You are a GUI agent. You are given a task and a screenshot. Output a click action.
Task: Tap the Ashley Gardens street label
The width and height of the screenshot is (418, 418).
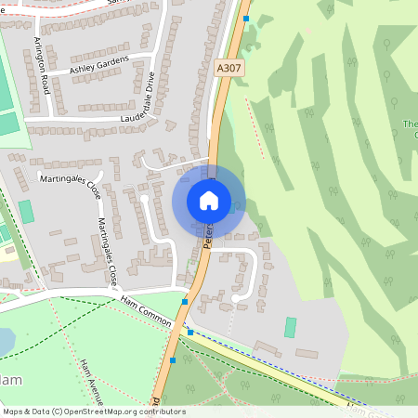coord(98,66)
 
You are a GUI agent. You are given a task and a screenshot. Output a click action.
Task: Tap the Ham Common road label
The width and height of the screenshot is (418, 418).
coord(146,310)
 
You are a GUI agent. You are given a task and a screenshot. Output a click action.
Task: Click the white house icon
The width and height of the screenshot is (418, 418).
coord(209,200)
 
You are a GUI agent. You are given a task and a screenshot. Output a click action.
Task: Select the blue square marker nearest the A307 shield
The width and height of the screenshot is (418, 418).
coord(246,18)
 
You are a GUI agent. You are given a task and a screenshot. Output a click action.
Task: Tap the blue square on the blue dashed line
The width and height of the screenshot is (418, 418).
coord(190,332)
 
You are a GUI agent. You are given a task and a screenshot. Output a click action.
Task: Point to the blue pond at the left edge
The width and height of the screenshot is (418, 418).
coord(5,342)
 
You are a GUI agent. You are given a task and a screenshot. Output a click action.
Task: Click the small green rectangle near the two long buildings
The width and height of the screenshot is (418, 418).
coord(290,327)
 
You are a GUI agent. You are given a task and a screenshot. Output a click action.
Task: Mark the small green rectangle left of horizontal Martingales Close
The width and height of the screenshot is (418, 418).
coord(26,211)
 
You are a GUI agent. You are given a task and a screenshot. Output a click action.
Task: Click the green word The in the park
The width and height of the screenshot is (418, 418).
coord(411,124)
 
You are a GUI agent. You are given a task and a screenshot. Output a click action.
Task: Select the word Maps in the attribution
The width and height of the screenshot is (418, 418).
coord(14,411)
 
